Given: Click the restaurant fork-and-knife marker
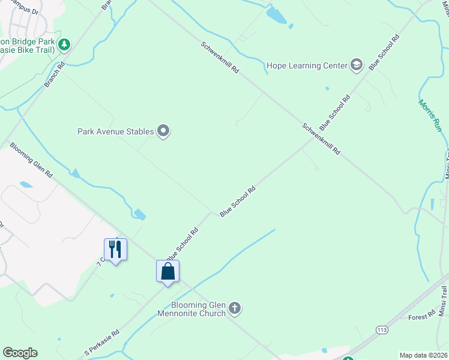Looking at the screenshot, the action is pyautogui.click(x=115, y=249).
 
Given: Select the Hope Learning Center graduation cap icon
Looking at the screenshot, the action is pyautogui.click(x=357, y=65).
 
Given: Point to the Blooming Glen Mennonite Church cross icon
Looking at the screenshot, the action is pyautogui.click(x=235, y=309).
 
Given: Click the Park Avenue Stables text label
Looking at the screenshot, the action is pyautogui.click(x=116, y=131).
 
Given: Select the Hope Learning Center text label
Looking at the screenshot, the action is pyautogui.click(x=307, y=65).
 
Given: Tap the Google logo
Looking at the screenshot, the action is pyautogui.click(x=20, y=353).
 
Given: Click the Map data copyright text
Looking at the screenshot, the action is pyautogui.click(x=423, y=355).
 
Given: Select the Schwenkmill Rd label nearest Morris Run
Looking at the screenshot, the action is pyautogui.click(x=321, y=139).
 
